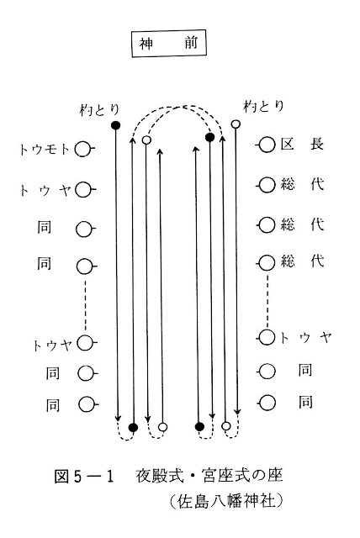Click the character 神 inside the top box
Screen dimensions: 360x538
(146, 44)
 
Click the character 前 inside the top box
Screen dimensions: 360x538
(190, 43)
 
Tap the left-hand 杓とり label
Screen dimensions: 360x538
(99, 110)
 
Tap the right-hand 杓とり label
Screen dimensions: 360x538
(263, 107)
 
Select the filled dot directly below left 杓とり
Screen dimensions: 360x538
(116, 125)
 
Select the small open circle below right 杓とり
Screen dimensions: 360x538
(236, 124)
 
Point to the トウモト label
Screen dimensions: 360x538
(45, 150)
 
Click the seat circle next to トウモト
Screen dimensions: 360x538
(83, 150)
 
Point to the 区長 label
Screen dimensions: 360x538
(302, 144)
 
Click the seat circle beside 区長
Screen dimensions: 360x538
(267, 145)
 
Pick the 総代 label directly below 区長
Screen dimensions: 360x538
(302, 184)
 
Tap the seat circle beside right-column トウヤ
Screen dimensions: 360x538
(267, 337)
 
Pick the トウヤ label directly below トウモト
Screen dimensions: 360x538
(45, 189)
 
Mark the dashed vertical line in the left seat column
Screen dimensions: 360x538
(85, 305)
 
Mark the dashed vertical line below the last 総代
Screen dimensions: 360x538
(267, 299)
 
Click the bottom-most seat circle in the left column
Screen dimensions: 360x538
(87, 404)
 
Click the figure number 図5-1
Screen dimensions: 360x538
(84, 477)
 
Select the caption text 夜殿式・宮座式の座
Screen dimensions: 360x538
(209, 476)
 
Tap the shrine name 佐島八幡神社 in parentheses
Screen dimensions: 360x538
(226, 501)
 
